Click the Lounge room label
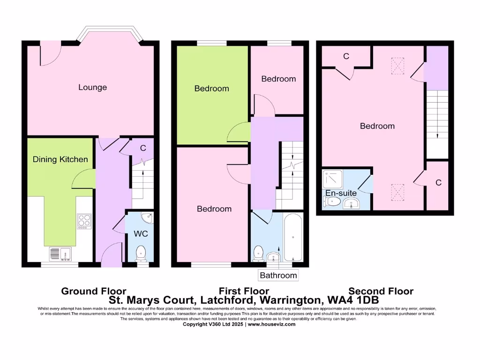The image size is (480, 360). pyautogui.click(x=92, y=87)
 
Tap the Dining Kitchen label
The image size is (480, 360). pyautogui.click(x=60, y=159)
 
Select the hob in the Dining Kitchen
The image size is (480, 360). pyautogui.click(x=84, y=220)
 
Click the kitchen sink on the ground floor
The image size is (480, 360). pyautogui.click(x=60, y=254)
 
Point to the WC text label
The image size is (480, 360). pyautogui.click(x=141, y=233)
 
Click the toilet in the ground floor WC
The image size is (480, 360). pyautogui.click(x=141, y=254)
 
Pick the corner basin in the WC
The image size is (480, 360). pyautogui.click(x=149, y=217)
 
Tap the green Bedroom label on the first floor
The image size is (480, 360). pyautogui.click(x=211, y=88)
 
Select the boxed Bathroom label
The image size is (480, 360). pyautogui.click(x=278, y=275)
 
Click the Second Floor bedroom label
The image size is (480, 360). pyautogui.click(x=377, y=126)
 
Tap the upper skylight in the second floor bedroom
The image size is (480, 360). pyautogui.click(x=397, y=66)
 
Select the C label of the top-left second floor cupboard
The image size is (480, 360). pyautogui.click(x=346, y=56)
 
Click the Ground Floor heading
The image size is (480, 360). pyautogui.click(x=94, y=291)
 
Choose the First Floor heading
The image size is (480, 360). pyautogui.click(x=244, y=291)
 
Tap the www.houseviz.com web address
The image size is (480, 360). pyautogui.click(x=272, y=324)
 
